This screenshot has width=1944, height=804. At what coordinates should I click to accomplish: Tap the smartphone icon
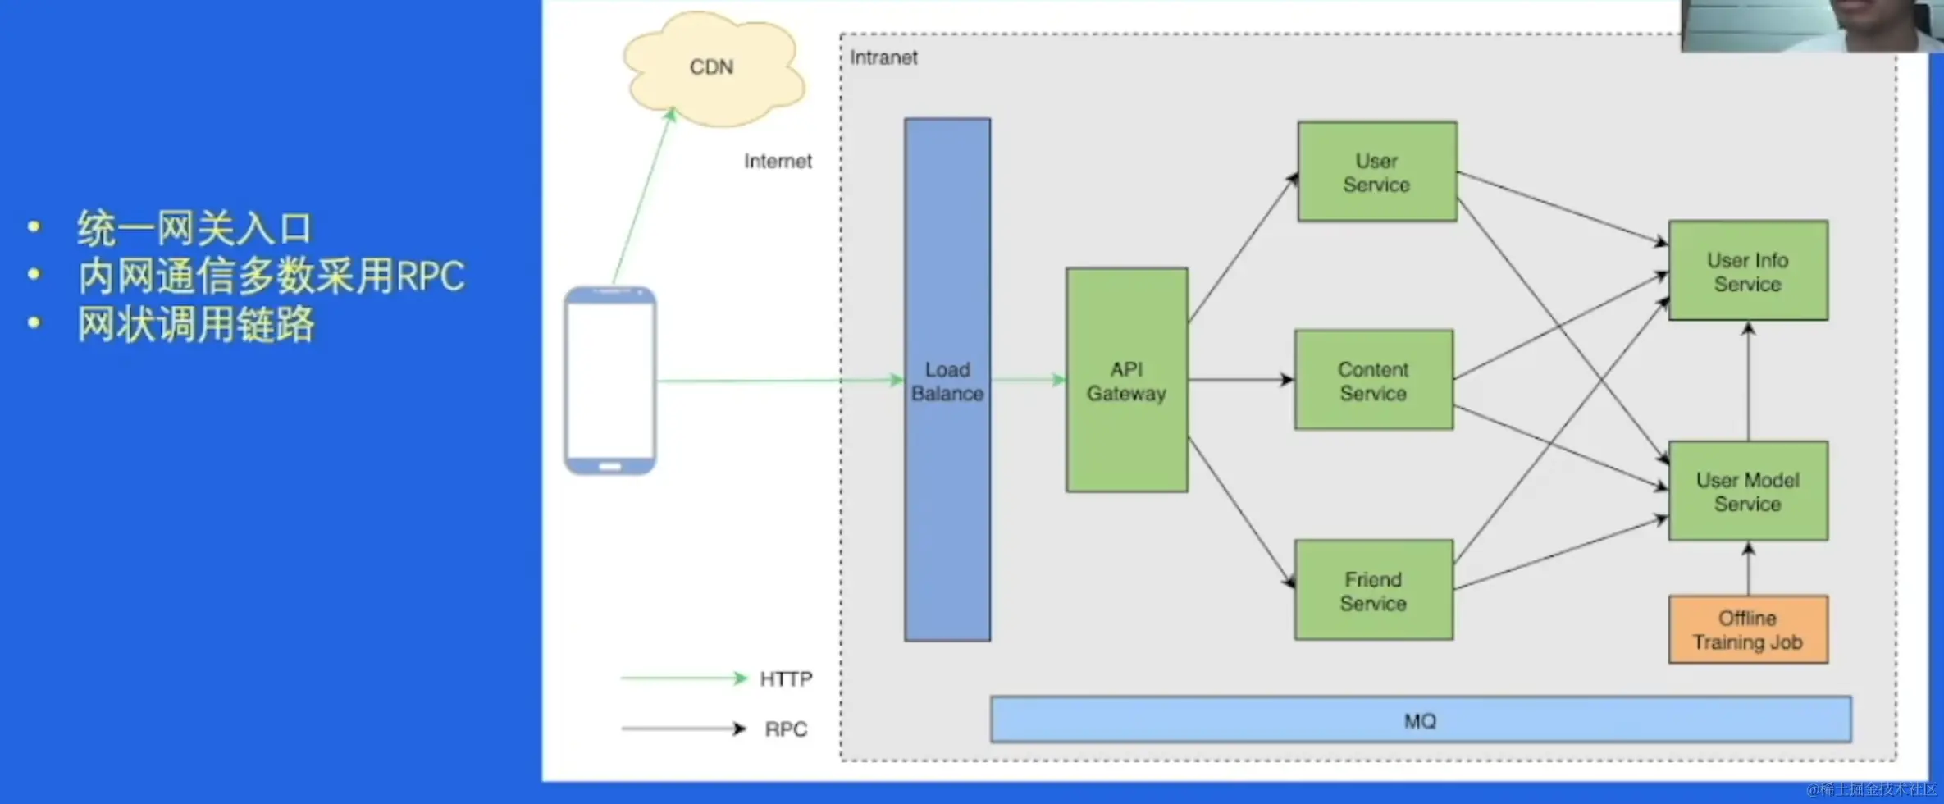tap(609, 381)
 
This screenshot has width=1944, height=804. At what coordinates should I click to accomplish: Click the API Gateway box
tap(1126, 381)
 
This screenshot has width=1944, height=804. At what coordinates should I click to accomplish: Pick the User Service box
tap(1376, 172)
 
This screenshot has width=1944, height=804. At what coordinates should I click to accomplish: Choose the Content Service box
tap(1373, 381)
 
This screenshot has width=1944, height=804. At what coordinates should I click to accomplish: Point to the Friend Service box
tap(1373, 590)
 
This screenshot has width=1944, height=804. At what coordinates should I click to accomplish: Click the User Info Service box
tap(1747, 271)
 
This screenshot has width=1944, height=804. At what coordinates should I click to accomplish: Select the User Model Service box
tap(1747, 491)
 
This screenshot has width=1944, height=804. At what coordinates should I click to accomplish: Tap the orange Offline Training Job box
tap(1747, 629)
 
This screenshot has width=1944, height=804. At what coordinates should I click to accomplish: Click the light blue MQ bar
tap(1420, 720)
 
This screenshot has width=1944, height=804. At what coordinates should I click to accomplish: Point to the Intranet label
tap(883, 57)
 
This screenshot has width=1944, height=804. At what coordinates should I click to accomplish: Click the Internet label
tap(778, 161)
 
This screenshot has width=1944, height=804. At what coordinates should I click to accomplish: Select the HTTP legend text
tap(786, 678)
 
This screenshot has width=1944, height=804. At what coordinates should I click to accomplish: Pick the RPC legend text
tap(786, 729)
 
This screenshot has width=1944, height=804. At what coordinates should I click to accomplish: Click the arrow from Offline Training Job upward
tap(1748, 569)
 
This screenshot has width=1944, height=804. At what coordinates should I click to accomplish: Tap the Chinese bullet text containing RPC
tap(271, 276)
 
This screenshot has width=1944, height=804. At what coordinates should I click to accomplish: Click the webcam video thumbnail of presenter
tap(1811, 25)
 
